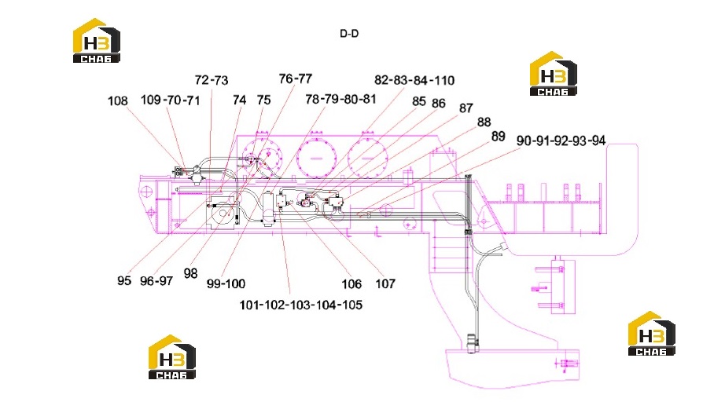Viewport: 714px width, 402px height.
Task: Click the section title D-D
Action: coord(349,34)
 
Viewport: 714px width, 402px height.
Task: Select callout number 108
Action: coord(117,101)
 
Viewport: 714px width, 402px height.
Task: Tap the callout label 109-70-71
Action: coord(171,100)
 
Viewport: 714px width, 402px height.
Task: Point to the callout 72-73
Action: coord(212,80)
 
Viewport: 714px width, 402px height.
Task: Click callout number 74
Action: coord(240,100)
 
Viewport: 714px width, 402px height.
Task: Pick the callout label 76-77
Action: coord(296,79)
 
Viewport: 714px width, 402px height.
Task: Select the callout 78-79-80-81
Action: coord(340,99)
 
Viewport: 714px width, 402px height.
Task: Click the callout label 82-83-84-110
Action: coord(414,80)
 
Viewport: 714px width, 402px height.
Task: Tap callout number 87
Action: coord(466,108)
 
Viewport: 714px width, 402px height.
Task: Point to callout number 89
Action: coord(499,137)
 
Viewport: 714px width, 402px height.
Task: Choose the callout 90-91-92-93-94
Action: coord(561,141)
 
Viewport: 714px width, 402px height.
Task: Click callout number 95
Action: coord(124,280)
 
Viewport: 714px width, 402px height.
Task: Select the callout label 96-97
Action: coord(156,281)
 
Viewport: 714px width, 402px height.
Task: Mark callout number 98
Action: coord(191,273)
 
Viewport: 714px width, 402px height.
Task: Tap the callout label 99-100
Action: coord(226,283)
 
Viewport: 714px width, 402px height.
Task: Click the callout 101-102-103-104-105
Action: coord(301,305)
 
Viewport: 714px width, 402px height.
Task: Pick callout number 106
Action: coord(351,284)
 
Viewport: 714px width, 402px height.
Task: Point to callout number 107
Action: coord(385,283)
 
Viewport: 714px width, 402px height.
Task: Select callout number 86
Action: coord(439,103)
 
